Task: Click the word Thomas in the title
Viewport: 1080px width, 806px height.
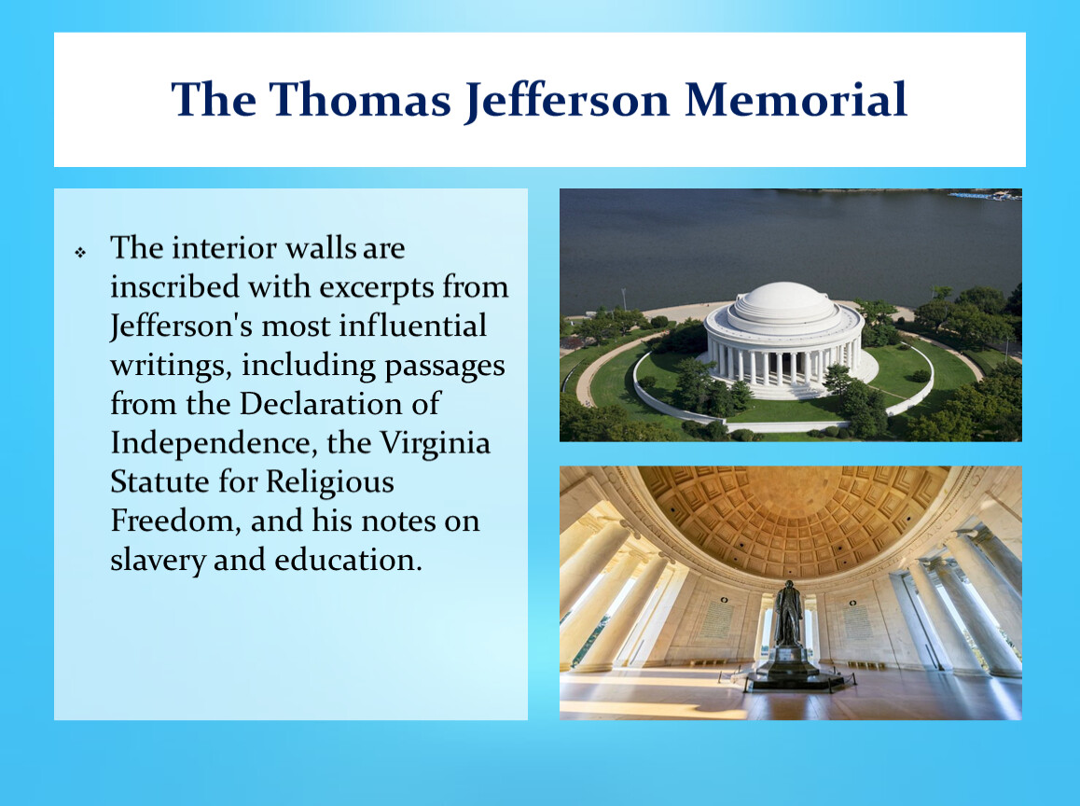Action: (360, 99)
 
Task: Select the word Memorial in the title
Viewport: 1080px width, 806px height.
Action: (796, 99)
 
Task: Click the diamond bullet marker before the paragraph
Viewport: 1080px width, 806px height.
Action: (80, 253)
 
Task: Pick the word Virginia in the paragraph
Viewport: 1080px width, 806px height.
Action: (435, 444)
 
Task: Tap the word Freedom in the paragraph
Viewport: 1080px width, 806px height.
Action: (175, 521)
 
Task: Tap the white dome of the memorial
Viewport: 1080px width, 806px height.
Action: (782, 303)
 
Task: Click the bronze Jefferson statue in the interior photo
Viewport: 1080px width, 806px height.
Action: (789, 614)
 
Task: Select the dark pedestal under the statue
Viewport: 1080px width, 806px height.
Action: (789, 668)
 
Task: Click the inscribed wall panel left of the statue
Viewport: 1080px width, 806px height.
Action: (717, 620)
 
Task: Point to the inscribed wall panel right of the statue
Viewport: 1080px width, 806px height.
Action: (857, 621)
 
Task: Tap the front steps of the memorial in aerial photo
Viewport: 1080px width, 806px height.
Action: (790, 391)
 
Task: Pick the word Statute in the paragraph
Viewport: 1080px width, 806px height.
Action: (159, 481)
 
